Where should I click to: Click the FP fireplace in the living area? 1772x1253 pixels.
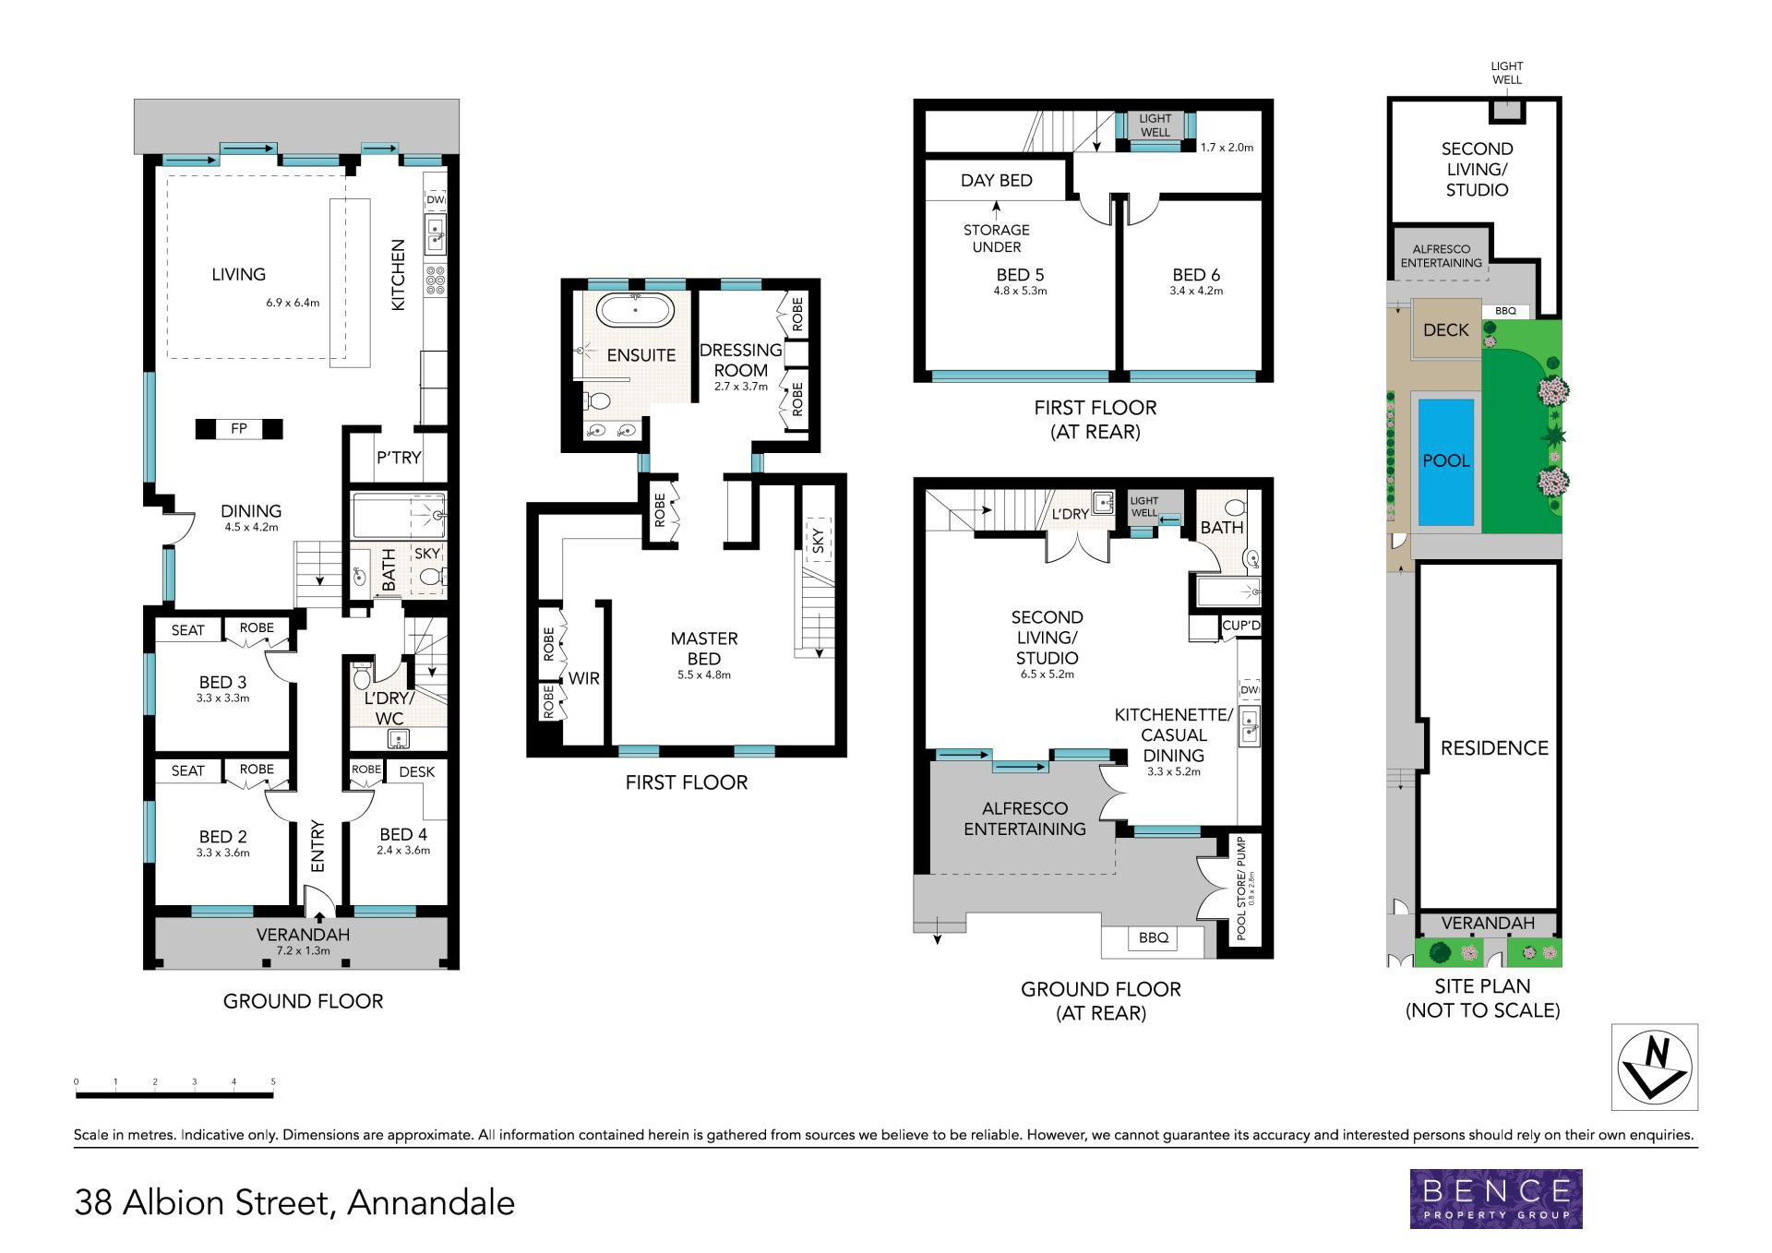(x=239, y=428)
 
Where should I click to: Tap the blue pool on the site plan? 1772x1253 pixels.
(x=1445, y=461)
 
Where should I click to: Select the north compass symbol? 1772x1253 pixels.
(x=1655, y=1067)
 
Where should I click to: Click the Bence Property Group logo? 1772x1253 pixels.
(x=1496, y=1199)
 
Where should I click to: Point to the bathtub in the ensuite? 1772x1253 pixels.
(x=635, y=310)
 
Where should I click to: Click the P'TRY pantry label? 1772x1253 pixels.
(x=399, y=458)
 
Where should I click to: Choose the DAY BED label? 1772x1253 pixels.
(x=996, y=180)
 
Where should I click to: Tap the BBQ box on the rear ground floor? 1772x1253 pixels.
(x=1154, y=937)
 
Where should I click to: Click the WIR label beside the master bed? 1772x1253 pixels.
(x=584, y=678)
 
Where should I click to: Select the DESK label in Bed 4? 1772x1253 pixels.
(x=417, y=771)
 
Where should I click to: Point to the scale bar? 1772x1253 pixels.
(x=174, y=1095)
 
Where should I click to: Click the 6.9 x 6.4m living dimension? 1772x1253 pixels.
(x=293, y=303)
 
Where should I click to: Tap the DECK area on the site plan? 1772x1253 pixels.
(x=1445, y=329)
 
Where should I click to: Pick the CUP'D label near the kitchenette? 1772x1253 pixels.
(x=1240, y=626)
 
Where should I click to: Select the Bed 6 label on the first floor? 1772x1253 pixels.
(x=1196, y=275)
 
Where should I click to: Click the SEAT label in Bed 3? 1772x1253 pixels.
(x=188, y=630)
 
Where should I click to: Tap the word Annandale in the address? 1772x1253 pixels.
(x=431, y=1203)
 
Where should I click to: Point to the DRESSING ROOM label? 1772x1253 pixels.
(x=741, y=360)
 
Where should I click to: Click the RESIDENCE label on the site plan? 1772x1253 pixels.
(x=1494, y=748)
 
